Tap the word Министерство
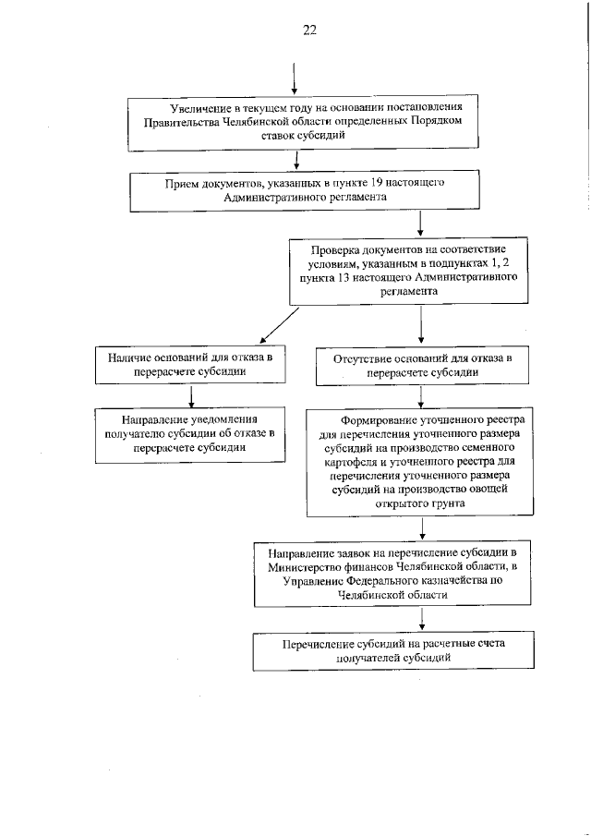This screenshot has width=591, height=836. (x=308, y=566)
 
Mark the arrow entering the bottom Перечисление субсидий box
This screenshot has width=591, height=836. (x=421, y=619)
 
